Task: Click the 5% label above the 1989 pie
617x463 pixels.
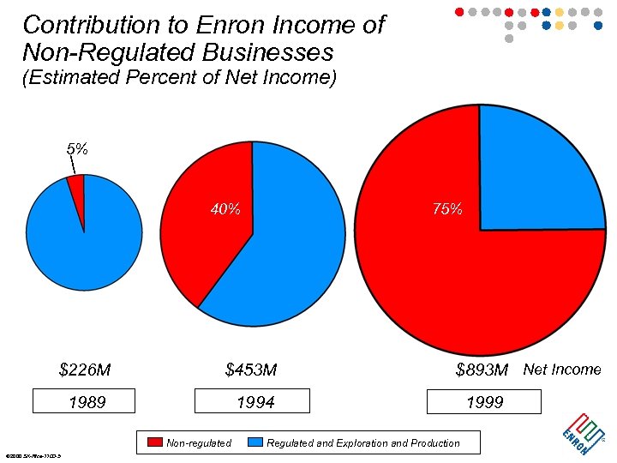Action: point(77,148)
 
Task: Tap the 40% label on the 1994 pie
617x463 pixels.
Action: point(225,209)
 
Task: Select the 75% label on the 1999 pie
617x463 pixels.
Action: point(447,209)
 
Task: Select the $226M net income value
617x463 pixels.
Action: point(85,370)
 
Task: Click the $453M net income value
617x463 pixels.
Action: point(251,370)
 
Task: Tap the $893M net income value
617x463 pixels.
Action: point(482,370)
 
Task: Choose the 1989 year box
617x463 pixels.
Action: point(84,402)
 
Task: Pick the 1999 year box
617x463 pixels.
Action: point(484,402)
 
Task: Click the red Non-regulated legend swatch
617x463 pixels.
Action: point(155,442)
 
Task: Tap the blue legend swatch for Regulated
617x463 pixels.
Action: point(255,442)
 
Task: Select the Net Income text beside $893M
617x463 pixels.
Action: point(562,370)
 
